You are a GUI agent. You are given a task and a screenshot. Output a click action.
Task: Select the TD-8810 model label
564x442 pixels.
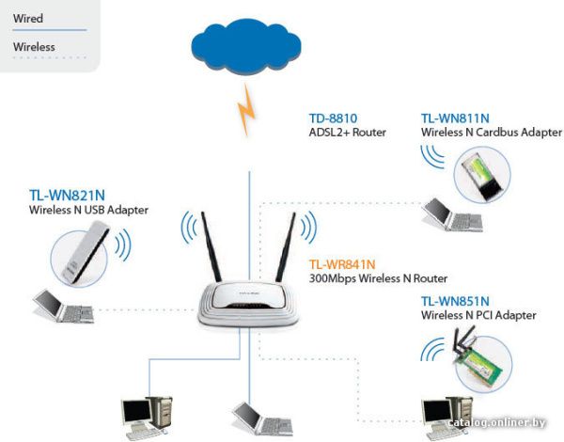tap(333, 118)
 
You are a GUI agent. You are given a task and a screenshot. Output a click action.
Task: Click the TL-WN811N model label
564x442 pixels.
tap(455, 118)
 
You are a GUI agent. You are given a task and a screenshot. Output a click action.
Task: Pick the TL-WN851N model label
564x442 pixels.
tap(455, 301)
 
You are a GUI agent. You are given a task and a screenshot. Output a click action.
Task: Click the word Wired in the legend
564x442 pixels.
tap(28, 18)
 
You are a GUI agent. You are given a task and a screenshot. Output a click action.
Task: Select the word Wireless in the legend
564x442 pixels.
tap(34, 46)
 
